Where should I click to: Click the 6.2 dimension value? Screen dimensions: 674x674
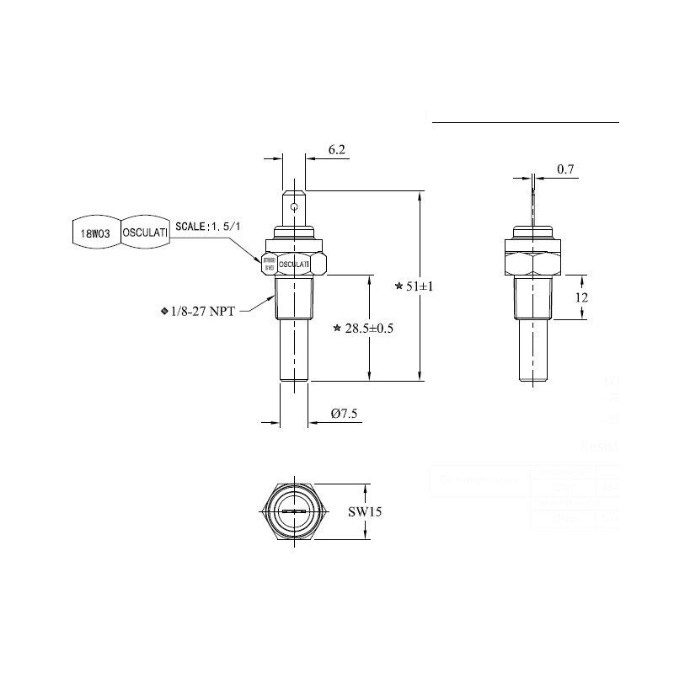coord(337,150)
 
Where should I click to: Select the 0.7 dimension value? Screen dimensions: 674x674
coord(565,169)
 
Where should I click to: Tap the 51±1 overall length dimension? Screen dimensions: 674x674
coord(419,286)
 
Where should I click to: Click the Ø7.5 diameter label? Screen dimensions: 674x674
coord(345,414)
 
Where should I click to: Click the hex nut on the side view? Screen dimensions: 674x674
coord(532,262)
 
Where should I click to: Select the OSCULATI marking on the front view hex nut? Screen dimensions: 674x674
coord(294,264)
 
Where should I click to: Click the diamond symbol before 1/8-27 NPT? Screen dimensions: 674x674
coord(164,311)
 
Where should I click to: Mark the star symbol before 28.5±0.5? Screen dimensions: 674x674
coord(337,327)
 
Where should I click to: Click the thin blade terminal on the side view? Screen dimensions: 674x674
coord(532,202)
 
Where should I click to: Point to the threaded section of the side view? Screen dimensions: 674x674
coord(532,299)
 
